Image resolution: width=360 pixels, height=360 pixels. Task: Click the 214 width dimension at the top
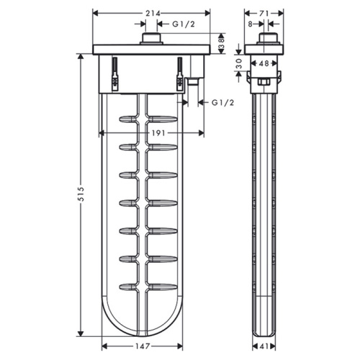click(151, 13)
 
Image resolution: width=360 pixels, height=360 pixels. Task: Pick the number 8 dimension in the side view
click(251, 24)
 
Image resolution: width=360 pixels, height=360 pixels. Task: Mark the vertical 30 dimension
click(238, 64)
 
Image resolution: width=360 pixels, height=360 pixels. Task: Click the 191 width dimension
click(150, 133)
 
